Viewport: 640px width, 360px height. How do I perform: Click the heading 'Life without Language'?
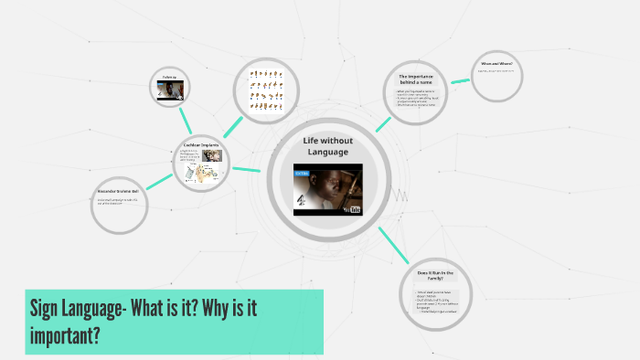point(327,145)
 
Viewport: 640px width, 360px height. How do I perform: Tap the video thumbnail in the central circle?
point(327,189)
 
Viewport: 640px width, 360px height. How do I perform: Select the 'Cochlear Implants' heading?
point(201,144)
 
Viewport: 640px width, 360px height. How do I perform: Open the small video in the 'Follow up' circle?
point(168,90)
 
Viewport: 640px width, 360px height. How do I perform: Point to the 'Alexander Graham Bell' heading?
point(120,192)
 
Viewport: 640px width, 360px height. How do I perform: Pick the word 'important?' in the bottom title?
point(65,336)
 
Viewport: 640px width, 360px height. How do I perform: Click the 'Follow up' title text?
point(168,77)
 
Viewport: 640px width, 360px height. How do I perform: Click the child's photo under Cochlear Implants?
point(211,154)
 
